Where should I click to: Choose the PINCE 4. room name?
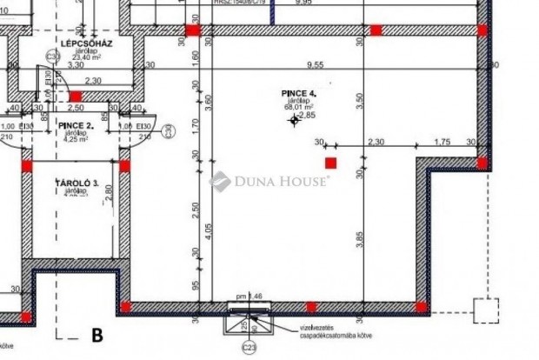click(x=300, y=92)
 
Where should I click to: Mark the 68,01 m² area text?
click(x=300, y=108)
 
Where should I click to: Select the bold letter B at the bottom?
click(x=97, y=334)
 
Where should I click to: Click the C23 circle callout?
click(x=250, y=349)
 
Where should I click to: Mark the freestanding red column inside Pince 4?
click(x=330, y=163)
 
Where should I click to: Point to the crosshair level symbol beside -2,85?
click(x=294, y=120)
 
